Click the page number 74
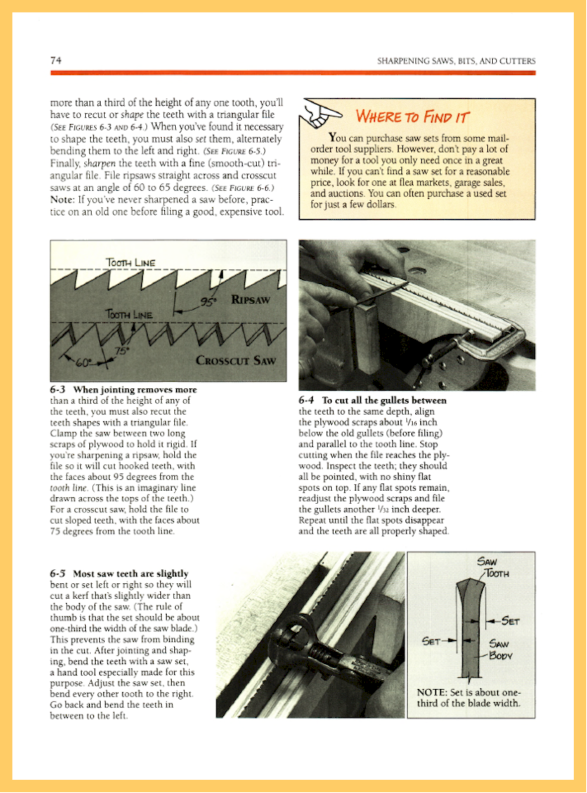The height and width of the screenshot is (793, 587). [56, 60]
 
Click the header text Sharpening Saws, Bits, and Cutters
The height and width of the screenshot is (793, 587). [456, 61]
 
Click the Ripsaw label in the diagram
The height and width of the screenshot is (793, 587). [251, 299]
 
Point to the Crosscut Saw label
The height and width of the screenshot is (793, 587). [235, 360]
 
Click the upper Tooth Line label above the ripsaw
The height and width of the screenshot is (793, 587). [130, 263]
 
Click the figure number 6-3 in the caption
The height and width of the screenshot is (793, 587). [58, 389]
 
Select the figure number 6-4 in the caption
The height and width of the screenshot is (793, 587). [306, 400]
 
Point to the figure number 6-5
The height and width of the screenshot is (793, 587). [58, 574]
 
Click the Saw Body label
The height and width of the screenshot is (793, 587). [499, 650]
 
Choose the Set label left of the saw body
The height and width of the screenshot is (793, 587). [431, 641]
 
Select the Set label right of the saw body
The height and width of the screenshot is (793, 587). [510, 621]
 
